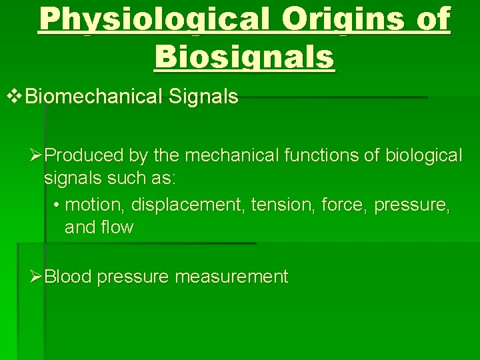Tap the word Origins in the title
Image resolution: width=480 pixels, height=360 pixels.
342,21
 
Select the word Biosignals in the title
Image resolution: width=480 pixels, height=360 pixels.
245,57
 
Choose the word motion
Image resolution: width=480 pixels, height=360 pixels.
92,204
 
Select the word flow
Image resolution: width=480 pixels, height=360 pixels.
118,227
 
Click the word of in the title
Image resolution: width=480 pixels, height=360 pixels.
431,21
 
